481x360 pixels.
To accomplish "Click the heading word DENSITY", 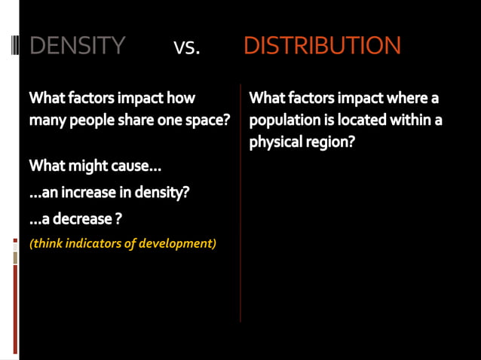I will (x=77, y=46).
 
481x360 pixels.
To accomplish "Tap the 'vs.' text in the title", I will (x=186, y=47).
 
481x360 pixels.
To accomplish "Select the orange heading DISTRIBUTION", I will (x=322, y=46).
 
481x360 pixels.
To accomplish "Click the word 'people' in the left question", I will (x=90, y=120).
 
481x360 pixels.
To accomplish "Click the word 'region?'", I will (x=330, y=142).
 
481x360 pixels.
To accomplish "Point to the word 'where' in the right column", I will (x=408, y=98).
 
